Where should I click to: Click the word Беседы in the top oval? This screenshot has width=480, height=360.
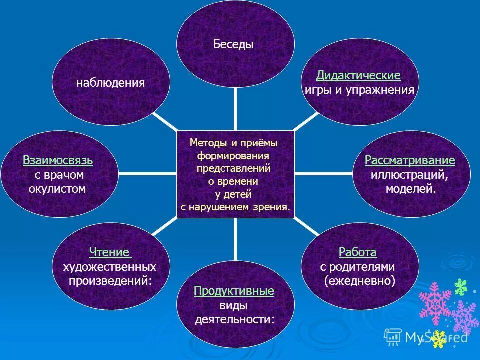pyautogui.click(x=234, y=44)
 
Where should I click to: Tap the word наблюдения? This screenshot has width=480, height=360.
pyautogui.click(x=110, y=83)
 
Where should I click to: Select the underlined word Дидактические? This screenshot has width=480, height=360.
pyautogui.click(x=358, y=75)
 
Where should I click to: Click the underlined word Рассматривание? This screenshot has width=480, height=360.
pyautogui.click(x=410, y=161)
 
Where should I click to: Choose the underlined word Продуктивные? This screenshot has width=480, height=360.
pyautogui.click(x=234, y=291)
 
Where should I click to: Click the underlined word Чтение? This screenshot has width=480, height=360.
pyautogui.click(x=109, y=252)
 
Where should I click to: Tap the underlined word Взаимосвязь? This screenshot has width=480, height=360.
pyautogui.click(x=58, y=161)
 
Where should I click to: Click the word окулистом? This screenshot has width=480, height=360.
pyautogui.click(x=58, y=189)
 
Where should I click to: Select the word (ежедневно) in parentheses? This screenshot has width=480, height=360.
pyautogui.click(x=359, y=281)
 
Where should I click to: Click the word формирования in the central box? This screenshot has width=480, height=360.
pyautogui.click(x=233, y=155)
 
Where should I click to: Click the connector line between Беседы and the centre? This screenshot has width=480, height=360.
pyautogui.click(x=235, y=108)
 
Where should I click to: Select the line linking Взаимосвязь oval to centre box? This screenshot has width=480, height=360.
pyautogui.click(x=147, y=174)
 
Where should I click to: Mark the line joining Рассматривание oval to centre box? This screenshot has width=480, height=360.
pyautogui.click(x=323, y=174)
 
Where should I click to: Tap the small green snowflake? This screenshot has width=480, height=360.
pyautogui.click(x=460, y=287)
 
